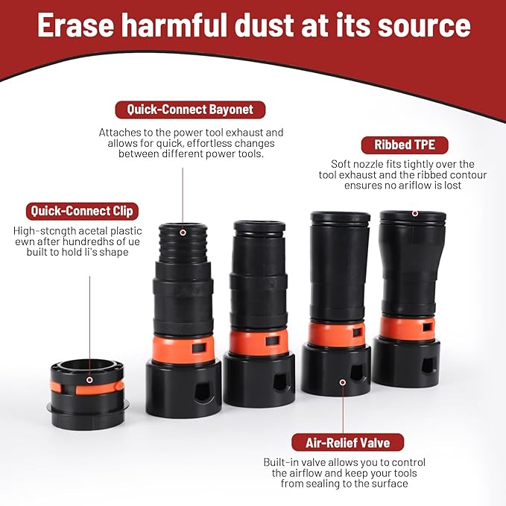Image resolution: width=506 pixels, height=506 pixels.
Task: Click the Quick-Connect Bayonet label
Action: coord(190,110)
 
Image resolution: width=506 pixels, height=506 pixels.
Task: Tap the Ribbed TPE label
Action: coord(405,145)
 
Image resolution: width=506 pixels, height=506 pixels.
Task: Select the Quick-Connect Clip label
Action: coord(82,211)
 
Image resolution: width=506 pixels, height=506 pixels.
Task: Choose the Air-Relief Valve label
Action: coord(347,443)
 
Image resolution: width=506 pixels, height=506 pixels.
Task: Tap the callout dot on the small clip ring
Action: coord(89,380)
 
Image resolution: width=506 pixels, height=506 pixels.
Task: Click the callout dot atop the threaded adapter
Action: coord(183,233)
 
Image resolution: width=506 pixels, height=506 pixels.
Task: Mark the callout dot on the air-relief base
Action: coord(343,382)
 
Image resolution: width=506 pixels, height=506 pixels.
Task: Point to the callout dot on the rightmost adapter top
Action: coord(415,213)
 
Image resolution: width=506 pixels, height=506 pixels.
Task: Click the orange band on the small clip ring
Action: coord(97,388)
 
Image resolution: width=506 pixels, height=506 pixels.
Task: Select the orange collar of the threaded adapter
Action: coord(183,350)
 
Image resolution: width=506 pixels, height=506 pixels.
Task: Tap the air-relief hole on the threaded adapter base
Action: coord(203,392)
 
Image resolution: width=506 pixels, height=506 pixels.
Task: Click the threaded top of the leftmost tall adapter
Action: coord(183,243)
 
